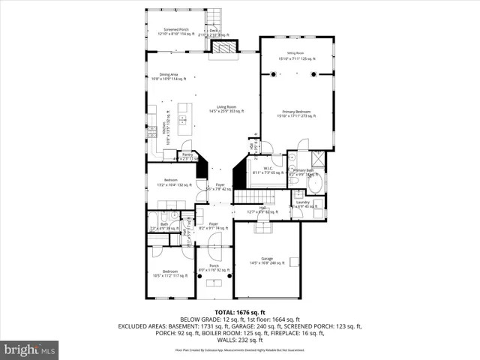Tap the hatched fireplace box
pos(224,47)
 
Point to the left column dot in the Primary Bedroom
pos(274,73)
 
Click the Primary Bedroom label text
pos(295,114)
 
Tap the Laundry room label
pos(303,204)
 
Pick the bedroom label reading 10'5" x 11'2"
pos(170,272)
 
